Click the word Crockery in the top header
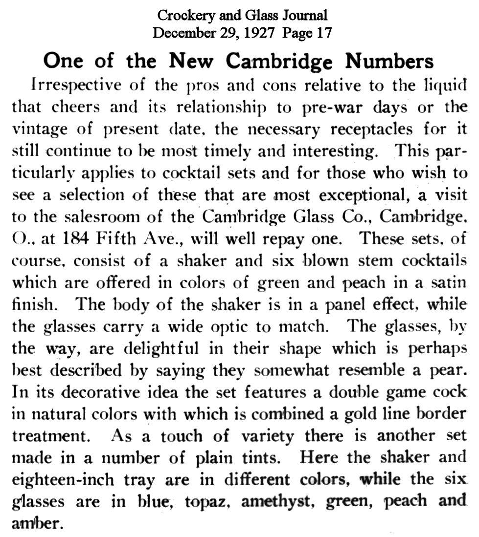click(x=182, y=15)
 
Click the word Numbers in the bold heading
click(x=390, y=61)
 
